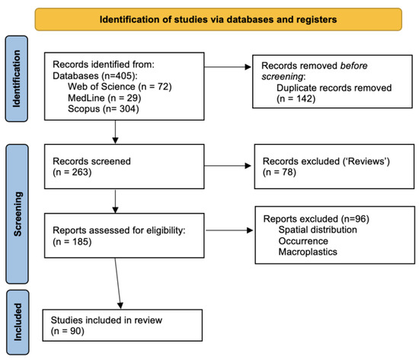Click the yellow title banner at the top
pos(219,19)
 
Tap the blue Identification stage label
pos(17,79)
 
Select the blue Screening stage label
pos(17,214)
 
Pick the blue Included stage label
pos(18,323)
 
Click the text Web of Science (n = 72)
pos(120,87)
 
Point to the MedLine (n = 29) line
pos(104,98)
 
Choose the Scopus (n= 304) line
pos(104,109)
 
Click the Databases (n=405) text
pos(95,76)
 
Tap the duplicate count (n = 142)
pos(296,98)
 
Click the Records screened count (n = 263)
pos(72,172)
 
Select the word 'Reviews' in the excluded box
pos(364,161)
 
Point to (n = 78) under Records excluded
pos(280,172)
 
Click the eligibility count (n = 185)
pos(72,242)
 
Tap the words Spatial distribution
pos(318,230)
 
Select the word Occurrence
pos(303,241)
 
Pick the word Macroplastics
pos(308,252)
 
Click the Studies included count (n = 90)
pos(68,331)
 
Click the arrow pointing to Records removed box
pos(228,67)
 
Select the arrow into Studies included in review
pos(118,284)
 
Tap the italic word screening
pos(282,77)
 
